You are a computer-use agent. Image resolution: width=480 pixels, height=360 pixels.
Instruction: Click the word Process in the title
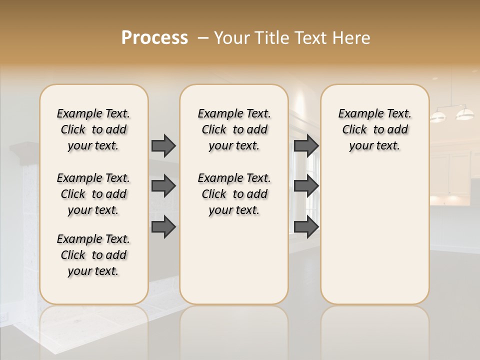pos(154,38)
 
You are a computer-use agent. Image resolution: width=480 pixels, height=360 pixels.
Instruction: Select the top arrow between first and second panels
pos(163,145)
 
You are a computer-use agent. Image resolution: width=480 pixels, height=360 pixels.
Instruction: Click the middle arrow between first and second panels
pos(163,186)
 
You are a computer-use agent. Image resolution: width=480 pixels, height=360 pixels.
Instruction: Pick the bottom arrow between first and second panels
pos(163,227)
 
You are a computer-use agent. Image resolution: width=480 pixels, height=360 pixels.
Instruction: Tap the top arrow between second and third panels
pos(306,145)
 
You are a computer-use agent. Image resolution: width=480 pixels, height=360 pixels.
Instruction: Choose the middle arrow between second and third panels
pos(306,186)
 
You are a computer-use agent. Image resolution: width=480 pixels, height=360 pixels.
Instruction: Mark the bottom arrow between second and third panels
pos(306,227)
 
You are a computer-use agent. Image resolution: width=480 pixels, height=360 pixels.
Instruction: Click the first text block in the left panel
pos(93,129)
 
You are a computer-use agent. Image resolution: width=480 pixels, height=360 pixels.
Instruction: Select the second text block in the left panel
pos(93,194)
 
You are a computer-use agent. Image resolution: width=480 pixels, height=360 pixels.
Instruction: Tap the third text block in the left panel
pos(93,255)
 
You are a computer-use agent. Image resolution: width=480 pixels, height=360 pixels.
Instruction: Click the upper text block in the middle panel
pos(234,129)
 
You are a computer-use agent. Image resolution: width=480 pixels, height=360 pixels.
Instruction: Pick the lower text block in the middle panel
pos(234,194)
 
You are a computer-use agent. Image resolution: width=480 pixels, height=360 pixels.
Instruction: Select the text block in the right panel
pos(374,129)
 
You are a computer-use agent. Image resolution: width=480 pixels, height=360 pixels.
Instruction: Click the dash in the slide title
pos(203,38)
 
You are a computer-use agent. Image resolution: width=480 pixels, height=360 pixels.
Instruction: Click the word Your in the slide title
pos(231,38)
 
